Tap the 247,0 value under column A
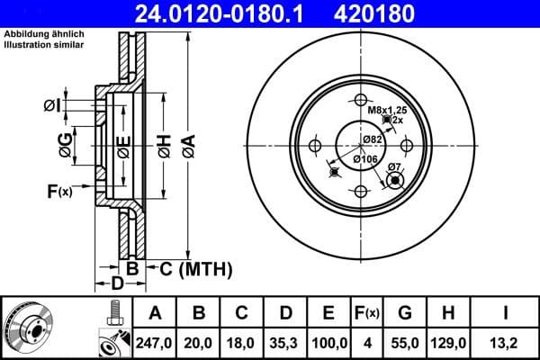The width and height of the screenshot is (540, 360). point(154,341)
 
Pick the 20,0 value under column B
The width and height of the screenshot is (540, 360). point(200,341)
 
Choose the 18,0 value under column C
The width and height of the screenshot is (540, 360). point(243,341)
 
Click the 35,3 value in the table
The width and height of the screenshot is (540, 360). point(286,341)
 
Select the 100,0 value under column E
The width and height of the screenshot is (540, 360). point(329,341)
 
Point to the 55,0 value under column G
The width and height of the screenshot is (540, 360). point(406,341)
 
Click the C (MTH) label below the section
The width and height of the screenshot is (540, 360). point(190,269)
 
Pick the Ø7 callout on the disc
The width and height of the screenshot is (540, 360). point(393,167)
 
